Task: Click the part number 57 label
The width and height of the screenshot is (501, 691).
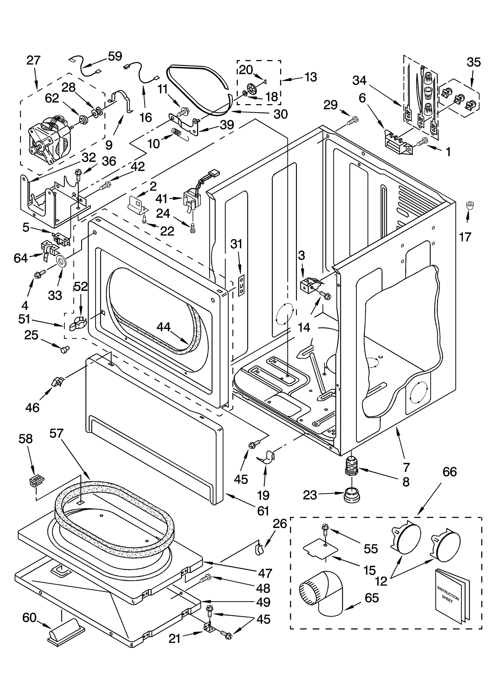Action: (56, 434)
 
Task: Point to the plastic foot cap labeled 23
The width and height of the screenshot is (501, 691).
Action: (351, 495)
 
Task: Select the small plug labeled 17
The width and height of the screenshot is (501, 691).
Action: (468, 205)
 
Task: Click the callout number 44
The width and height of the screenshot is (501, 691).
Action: (163, 327)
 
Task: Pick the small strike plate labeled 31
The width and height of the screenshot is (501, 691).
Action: (241, 285)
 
